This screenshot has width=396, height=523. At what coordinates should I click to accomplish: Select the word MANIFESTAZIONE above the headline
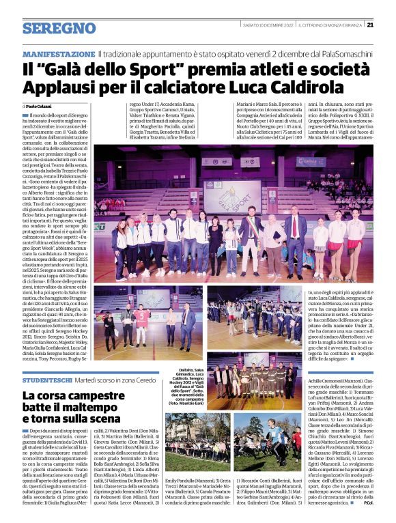pos(58,54)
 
